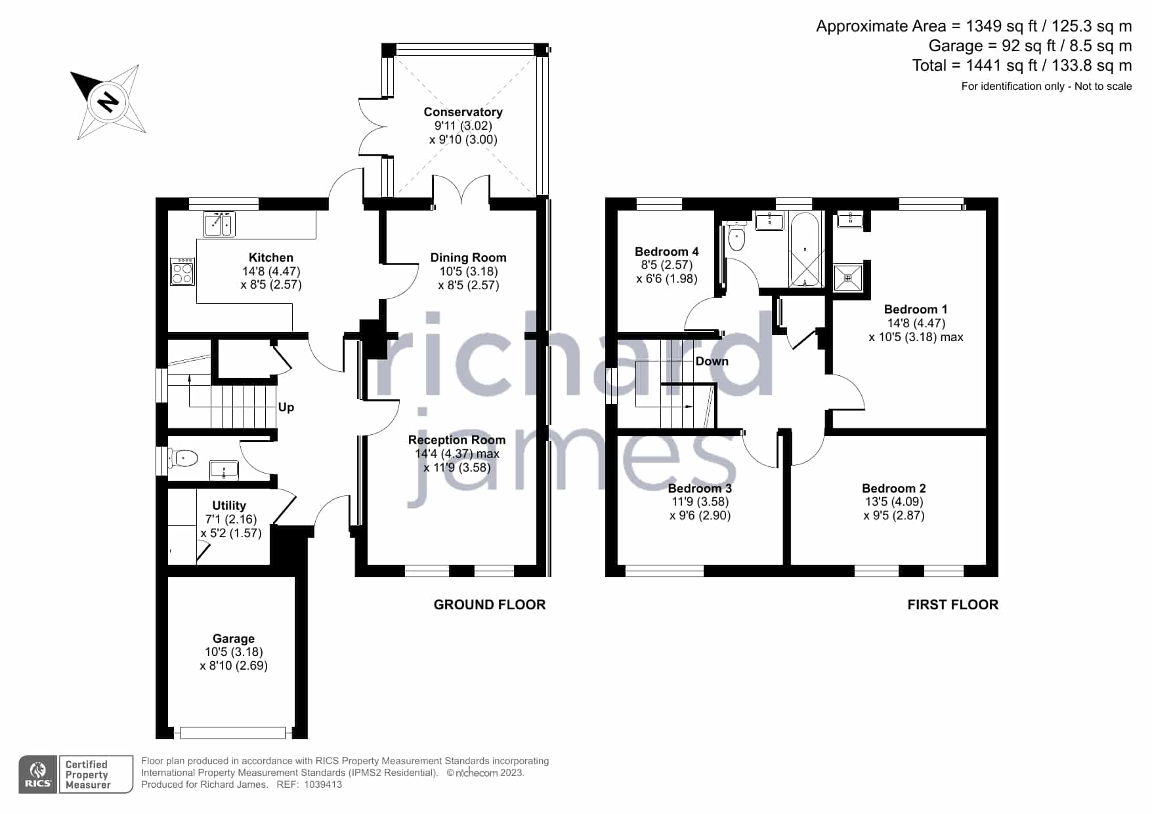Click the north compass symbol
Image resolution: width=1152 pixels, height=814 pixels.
[x=108, y=102]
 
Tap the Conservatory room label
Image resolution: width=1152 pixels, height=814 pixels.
[x=463, y=112]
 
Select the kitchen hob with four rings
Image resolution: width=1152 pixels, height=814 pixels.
[x=182, y=272]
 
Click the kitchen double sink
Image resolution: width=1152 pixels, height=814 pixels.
[x=219, y=224]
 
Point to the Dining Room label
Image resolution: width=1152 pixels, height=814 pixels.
[x=468, y=258]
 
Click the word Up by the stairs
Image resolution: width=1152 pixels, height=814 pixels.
[x=286, y=407]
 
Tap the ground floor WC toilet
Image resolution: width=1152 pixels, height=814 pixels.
[x=183, y=458]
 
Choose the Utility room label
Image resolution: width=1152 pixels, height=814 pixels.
[x=229, y=506]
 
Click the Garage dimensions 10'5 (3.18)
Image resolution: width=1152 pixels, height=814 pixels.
[x=234, y=652]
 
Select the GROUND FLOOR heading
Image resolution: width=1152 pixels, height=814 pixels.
[x=490, y=605]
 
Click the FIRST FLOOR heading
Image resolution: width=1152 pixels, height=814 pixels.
[x=952, y=605]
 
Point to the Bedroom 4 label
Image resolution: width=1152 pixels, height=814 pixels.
[x=666, y=252]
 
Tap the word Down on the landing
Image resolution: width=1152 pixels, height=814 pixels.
[x=712, y=361]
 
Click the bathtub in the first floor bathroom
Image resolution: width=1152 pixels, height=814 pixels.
[x=805, y=249]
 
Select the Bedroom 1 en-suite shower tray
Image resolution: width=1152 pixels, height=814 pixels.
[x=847, y=277]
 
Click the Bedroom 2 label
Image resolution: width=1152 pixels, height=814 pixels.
[x=893, y=489]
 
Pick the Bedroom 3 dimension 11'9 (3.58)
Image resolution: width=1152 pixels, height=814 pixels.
[x=700, y=502]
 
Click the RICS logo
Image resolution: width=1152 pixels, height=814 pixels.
[x=38, y=775]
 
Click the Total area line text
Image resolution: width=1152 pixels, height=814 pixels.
[x=1021, y=66]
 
